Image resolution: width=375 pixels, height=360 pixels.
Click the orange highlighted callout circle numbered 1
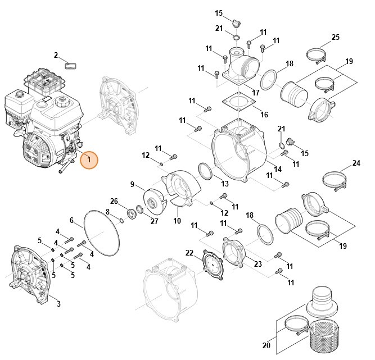coord(89,160)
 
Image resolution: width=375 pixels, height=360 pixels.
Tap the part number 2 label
coord(56,55)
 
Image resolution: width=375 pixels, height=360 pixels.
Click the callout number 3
coord(58,304)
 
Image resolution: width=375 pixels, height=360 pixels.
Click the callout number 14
coord(278,169)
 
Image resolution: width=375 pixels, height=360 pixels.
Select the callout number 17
coord(256,92)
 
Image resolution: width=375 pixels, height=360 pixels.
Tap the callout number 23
coord(258,264)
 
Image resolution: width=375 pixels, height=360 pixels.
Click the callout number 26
coord(114,201)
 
